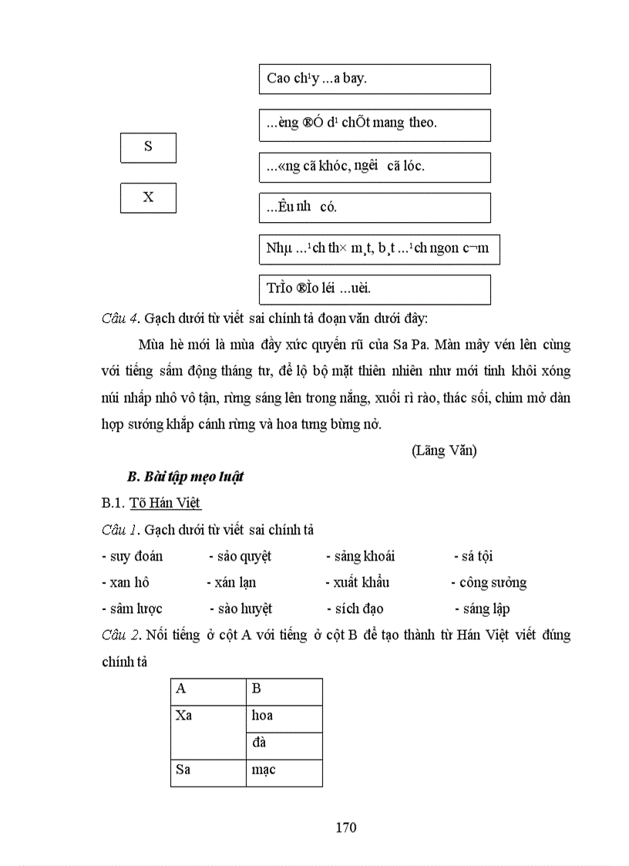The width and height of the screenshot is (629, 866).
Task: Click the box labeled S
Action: [148, 147]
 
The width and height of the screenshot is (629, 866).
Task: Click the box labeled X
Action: [148, 197]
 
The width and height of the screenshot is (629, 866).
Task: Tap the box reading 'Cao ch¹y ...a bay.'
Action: [374, 79]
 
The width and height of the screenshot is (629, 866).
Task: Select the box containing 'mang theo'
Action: [374, 124]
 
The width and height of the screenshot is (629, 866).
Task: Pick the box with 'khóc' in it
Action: [374, 167]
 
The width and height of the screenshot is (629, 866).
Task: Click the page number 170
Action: [346, 828]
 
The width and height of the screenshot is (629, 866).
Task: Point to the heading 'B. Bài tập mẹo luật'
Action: [185, 477]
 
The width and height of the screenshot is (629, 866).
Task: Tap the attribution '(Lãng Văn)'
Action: [444, 451]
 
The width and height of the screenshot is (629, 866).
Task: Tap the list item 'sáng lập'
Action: [486, 608]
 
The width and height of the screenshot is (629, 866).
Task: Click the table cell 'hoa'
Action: [283, 716]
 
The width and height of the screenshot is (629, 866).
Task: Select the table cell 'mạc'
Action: [283, 770]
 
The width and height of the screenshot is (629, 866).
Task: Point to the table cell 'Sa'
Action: [208, 770]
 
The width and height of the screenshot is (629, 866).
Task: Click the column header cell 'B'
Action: [283, 689]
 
